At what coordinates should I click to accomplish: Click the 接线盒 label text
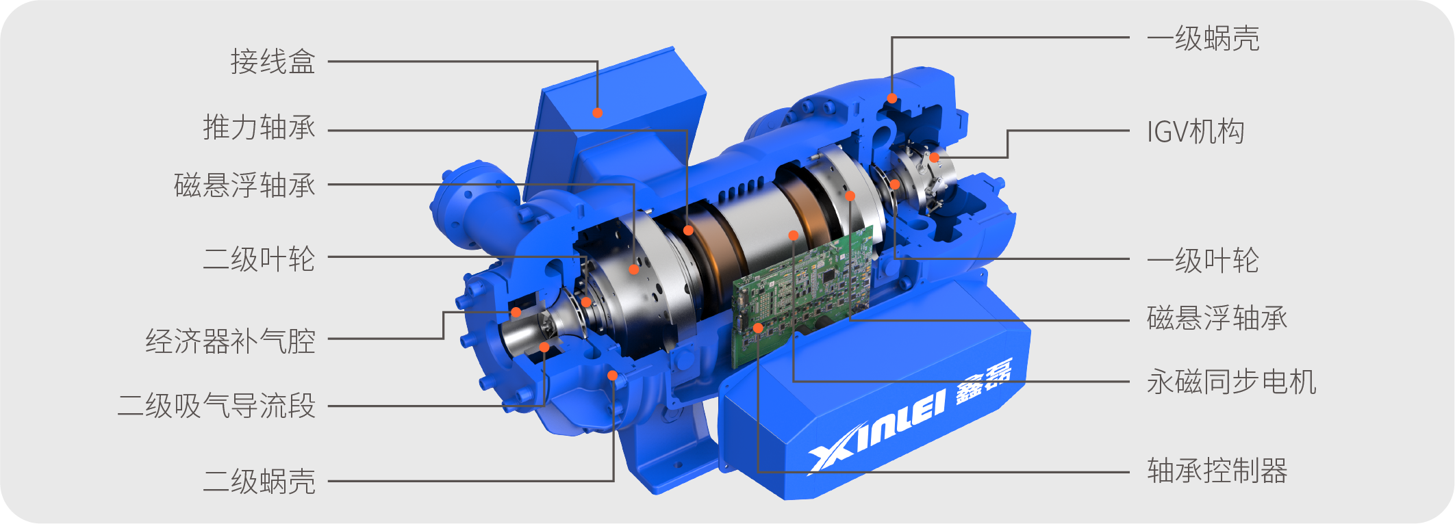coord(273,62)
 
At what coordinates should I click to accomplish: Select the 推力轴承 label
coord(259,128)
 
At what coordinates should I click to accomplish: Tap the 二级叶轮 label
coord(259,259)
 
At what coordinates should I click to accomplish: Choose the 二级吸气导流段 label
coord(216,406)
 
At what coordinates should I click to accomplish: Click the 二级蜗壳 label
coord(259,481)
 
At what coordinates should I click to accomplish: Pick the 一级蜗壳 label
coord(1203,38)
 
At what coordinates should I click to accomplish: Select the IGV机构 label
coord(1195,131)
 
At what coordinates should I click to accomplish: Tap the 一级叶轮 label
coord(1203,261)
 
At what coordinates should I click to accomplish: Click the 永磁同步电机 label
coord(1232,382)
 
